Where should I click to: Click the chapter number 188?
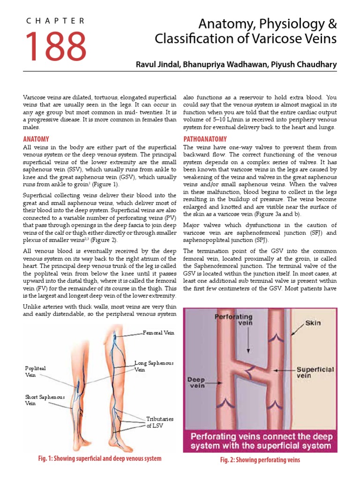click(55, 46)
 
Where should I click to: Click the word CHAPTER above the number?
click(55, 21)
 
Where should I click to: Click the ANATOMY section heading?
click(36, 139)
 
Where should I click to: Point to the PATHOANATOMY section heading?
click(205, 139)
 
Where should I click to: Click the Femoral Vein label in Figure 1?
click(159, 333)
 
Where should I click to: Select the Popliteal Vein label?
click(36, 372)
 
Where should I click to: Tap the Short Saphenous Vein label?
click(45, 400)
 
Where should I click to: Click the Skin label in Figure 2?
click(313, 323)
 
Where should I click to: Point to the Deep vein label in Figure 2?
click(197, 382)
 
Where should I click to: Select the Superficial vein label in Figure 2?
click(315, 373)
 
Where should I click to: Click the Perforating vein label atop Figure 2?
click(234, 320)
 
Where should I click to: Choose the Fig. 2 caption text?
click(260, 460)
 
